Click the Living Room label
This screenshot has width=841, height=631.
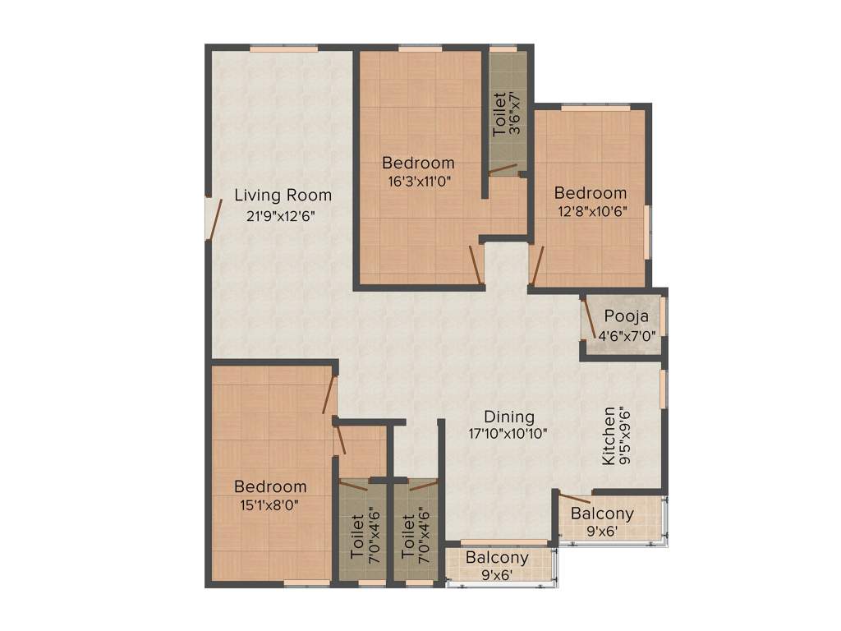[283, 196]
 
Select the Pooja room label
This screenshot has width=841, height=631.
[627, 316]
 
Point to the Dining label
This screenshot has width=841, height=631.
[508, 417]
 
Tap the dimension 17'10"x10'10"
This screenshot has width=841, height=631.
[508, 433]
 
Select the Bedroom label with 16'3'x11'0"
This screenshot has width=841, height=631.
[418, 163]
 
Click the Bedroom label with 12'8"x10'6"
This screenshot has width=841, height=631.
[590, 193]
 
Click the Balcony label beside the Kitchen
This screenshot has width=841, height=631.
[602, 514]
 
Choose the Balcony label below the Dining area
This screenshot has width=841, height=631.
[497, 558]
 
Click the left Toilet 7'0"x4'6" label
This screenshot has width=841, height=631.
[356, 537]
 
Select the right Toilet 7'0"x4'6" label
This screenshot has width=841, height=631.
[408, 537]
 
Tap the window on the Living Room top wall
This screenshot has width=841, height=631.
[283, 49]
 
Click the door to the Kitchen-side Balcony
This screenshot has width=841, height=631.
[574, 496]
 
